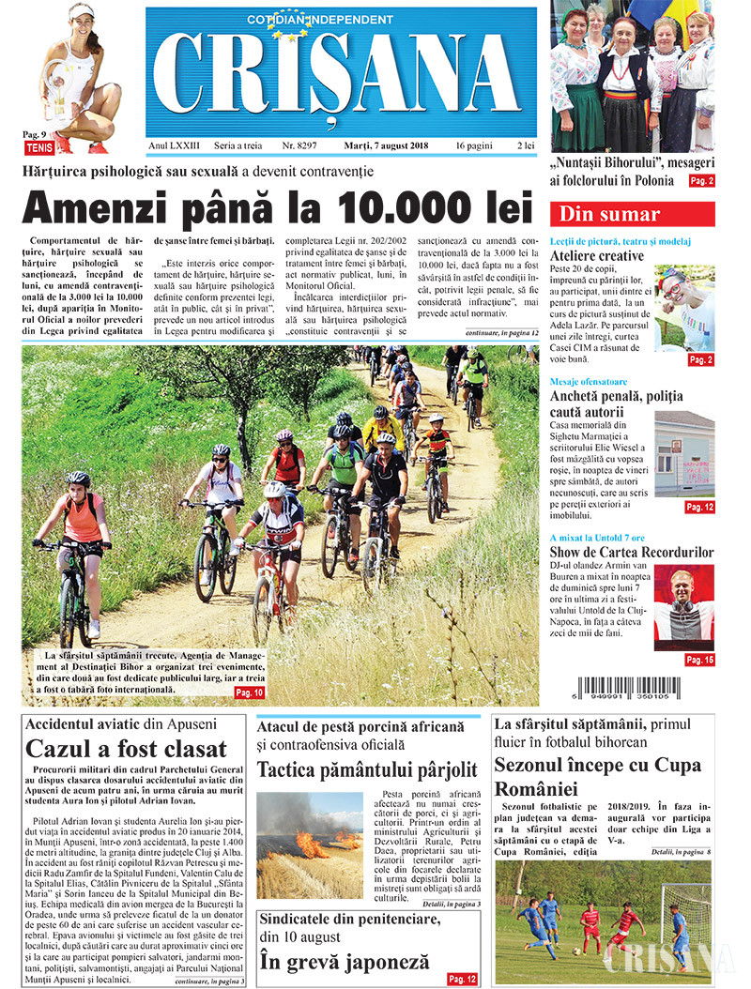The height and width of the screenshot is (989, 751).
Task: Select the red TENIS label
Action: point(38,146)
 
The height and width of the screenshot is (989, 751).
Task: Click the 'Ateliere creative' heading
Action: point(597,256)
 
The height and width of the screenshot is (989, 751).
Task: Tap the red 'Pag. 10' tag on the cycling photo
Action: point(250,692)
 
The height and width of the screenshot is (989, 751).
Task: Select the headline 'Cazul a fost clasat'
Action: point(127,749)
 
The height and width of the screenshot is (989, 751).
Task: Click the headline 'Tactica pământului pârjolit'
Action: point(366,770)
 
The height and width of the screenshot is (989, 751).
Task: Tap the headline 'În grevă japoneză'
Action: point(345,962)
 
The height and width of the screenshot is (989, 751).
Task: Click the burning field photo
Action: point(309,844)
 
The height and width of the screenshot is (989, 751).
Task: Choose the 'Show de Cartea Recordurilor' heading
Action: point(631,551)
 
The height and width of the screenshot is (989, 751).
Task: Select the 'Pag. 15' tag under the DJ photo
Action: point(699,661)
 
